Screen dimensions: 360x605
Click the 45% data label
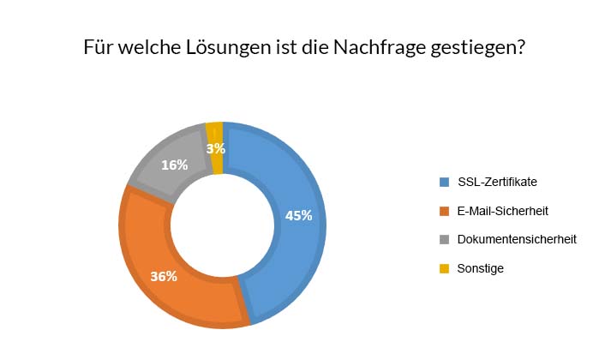tap(298, 215)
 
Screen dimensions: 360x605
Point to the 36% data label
tap(164, 276)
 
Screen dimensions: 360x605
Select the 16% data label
tap(174, 165)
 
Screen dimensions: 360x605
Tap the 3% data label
tap(216, 148)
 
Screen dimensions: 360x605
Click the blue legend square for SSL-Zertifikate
tap(444, 182)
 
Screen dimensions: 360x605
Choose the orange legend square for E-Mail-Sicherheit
tap(444, 210)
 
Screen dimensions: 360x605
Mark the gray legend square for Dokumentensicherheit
tap(444, 239)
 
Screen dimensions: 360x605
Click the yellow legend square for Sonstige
tap(444, 268)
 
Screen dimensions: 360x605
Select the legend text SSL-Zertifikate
tap(498, 182)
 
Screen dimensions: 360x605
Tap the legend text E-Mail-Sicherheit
tap(503, 210)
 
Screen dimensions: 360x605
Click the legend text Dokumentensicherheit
tap(517, 239)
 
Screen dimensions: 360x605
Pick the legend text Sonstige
tap(481, 268)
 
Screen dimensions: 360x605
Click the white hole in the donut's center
tap(223, 225)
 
